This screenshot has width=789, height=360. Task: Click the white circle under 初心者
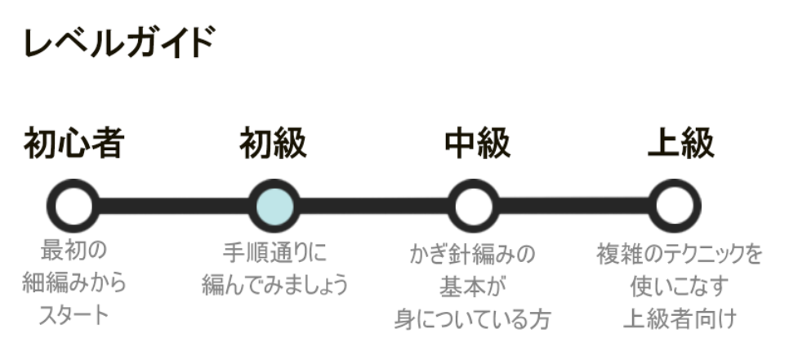tap(74, 204)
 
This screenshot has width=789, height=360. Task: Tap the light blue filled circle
tap(273, 204)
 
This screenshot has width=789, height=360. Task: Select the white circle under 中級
tap(473, 204)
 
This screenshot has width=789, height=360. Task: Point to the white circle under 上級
tap(675, 204)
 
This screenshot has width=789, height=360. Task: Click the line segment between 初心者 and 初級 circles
tap(173, 204)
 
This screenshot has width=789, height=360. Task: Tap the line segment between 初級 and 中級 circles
tap(373, 204)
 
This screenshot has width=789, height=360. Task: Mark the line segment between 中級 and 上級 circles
tap(574, 204)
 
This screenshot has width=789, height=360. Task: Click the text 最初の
tap(74, 250)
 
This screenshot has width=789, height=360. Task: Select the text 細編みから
tap(74, 283)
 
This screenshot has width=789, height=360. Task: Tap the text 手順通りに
tap(274, 250)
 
